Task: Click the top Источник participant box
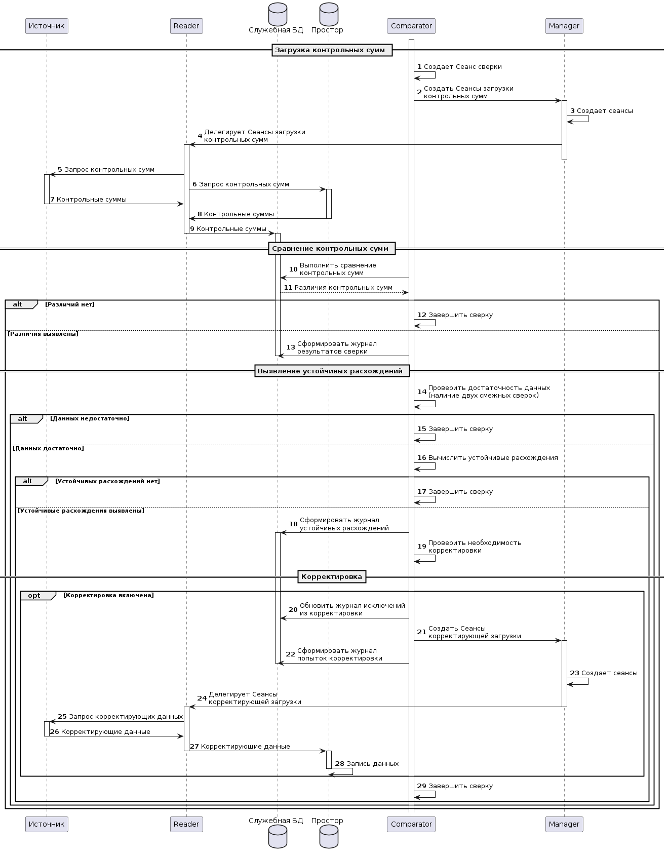47,26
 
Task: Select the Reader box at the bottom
186,824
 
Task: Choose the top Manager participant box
564,26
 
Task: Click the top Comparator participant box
411,26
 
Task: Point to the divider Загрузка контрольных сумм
332,50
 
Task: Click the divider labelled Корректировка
332,577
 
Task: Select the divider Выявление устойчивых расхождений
332,371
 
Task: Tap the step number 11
288,288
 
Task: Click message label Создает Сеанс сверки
462,67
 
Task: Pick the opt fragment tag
34,596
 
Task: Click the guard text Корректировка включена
108,596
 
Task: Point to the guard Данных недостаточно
90,418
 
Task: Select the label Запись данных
372,764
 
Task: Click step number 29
422,786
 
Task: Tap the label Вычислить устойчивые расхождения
493,458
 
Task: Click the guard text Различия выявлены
43,334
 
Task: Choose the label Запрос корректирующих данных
126,717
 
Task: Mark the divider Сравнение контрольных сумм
332,249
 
